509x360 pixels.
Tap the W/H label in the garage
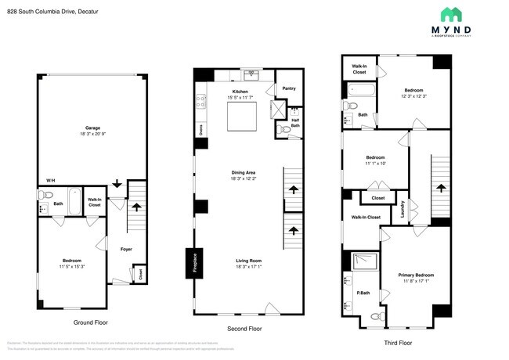(x=51, y=180)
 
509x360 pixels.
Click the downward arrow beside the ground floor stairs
(x=117, y=185)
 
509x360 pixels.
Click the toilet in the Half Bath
(x=283, y=130)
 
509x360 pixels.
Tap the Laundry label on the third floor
(x=403, y=210)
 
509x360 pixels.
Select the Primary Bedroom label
(x=416, y=275)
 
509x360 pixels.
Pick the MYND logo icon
(x=449, y=15)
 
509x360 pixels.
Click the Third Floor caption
(x=395, y=342)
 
